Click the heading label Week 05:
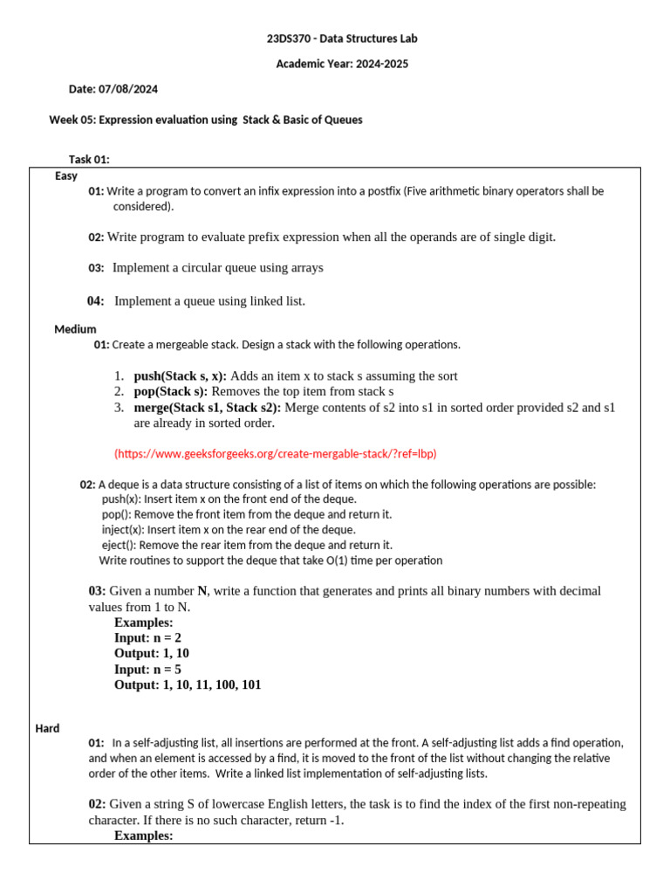click(72, 120)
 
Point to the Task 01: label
click(89, 159)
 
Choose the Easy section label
click(66, 175)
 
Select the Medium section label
click(75, 329)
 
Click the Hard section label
click(47, 728)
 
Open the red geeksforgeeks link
click(275, 454)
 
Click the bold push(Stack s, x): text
click(180, 376)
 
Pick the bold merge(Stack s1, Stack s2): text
click(208, 408)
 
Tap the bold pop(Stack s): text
click(171, 392)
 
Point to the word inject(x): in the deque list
click(124, 530)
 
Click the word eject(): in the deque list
click(120, 545)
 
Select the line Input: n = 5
click(147, 670)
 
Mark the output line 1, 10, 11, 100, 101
click(211, 685)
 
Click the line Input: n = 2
click(147, 638)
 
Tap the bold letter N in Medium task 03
click(202, 591)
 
